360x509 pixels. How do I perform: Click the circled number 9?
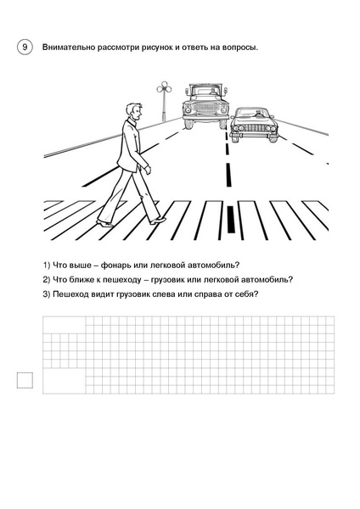point(25,48)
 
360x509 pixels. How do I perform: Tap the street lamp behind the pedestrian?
point(164,101)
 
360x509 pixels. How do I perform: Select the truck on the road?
point(205,106)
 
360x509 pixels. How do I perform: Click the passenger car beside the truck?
point(253,125)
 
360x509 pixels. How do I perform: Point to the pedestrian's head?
point(134,112)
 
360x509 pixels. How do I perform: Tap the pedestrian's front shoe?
point(158,221)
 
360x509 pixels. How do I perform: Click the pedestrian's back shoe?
point(105,223)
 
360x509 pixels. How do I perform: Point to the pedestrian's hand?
point(148,171)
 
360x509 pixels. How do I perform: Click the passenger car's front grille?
point(254,128)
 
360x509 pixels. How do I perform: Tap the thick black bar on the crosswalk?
point(230,219)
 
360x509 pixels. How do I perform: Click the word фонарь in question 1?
point(112,266)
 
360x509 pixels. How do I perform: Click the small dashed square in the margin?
point(25,380)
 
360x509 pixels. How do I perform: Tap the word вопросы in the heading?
point(239,48)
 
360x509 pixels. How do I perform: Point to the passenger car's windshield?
point(252,114)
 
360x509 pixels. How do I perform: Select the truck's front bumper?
point(205,117)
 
